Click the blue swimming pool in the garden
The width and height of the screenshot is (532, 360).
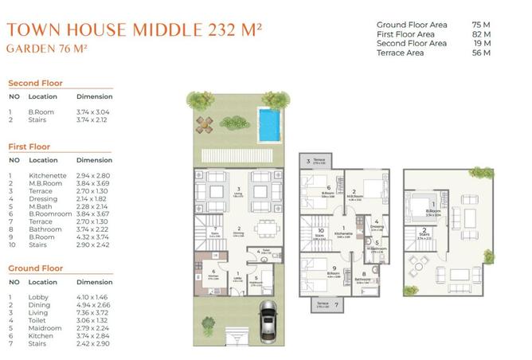(x=270, y=123)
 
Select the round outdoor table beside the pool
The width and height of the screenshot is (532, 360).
(x=205, y=123)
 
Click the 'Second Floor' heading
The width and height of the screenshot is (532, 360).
(x=35, y=83)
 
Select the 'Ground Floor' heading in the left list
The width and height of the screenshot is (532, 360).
(x=36, y=268)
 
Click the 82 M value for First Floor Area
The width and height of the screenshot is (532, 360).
(x=481, y=34)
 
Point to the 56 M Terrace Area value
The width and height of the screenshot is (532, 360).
(x=481, y=53)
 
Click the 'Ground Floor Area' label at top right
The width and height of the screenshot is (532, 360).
(x=411, y=25)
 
